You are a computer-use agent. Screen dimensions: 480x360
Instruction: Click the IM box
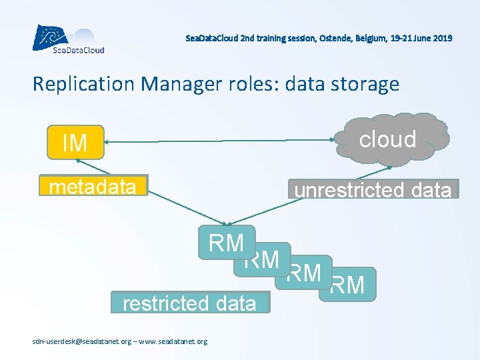75,142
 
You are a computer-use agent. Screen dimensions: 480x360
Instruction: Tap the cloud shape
388,139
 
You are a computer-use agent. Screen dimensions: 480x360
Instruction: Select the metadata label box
93,187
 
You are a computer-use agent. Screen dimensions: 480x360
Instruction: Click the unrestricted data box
373,189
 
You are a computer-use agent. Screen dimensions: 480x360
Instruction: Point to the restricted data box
189,303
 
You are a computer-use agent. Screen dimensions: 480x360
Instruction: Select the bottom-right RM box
348,285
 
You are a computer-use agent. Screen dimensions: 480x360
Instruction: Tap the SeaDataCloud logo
68,39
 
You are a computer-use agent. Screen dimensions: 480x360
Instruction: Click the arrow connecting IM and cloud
220,141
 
